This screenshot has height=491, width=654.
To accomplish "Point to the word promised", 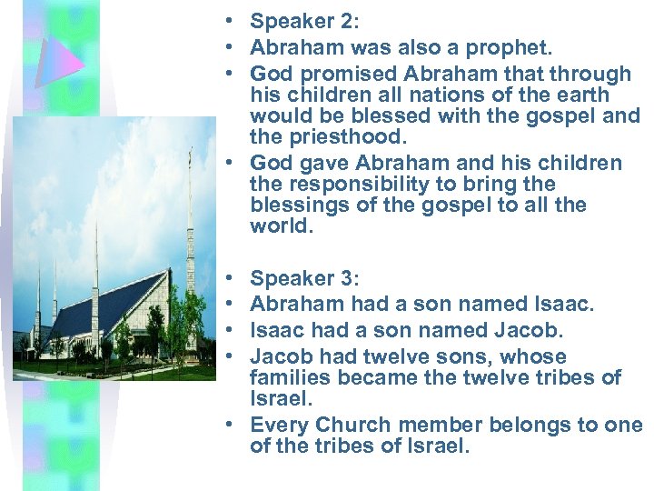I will click(335, 74).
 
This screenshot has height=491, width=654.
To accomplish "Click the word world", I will click(280, 227).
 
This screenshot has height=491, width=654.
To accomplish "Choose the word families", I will click(292, 378).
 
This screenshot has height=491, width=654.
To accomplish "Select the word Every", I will click(277, 425).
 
